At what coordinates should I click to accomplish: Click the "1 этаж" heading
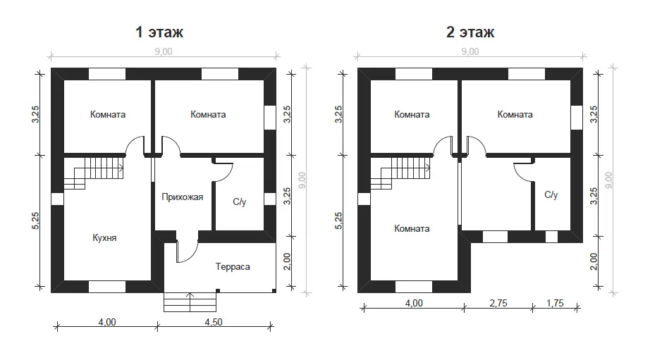coord(159,32)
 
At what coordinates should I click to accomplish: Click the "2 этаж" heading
coord(470,32)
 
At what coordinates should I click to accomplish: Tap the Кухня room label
coord(104,238)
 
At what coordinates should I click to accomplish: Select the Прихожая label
coord(183,197)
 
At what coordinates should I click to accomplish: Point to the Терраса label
coord(233,267)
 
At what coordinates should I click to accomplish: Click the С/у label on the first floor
coord(240,201)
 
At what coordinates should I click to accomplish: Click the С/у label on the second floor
coord(551,194)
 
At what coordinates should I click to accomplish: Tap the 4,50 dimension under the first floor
coord(214,322)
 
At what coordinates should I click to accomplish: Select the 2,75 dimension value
coord(498,303)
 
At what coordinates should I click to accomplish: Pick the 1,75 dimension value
coord(555,303)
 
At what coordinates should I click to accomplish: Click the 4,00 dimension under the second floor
coord(414,303)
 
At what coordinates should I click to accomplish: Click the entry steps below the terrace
coord(190,302)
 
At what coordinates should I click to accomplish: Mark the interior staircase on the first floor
coord(94,173)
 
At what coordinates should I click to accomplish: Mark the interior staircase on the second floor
coord(401,173)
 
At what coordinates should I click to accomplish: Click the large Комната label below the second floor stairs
coord(412,229)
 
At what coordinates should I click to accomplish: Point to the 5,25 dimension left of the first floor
coord(36,221)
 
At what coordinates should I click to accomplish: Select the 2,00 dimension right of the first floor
coord(287,261)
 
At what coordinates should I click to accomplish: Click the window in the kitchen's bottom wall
coord(107,287)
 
